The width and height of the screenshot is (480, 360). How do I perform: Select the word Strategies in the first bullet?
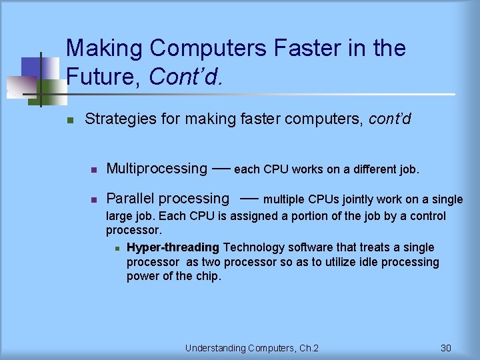pos(117,119)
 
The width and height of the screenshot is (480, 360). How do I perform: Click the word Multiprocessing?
pos(157,169)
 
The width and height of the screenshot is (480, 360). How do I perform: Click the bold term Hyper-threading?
pos(173,247)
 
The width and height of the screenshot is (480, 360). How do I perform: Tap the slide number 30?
pos(446,348)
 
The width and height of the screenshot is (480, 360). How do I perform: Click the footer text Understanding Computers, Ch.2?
pos(252,348)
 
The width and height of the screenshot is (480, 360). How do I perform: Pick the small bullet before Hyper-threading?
pos(116,249)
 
